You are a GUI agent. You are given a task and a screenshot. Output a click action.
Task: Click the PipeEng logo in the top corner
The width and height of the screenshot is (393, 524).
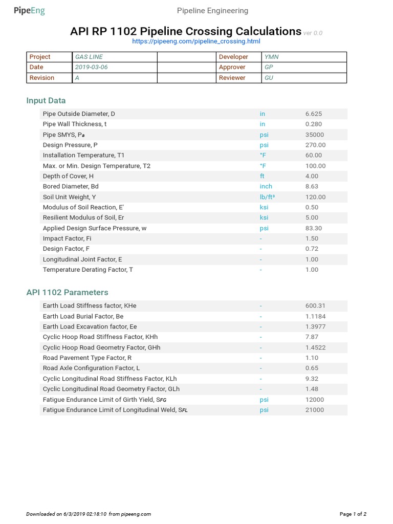point(29,11)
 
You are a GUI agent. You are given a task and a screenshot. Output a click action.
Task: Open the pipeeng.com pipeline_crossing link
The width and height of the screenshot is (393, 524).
point(196,41)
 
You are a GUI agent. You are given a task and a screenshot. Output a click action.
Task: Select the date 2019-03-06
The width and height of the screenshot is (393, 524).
point(92,67)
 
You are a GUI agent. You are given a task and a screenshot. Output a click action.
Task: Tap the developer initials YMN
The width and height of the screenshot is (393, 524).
point(272,57)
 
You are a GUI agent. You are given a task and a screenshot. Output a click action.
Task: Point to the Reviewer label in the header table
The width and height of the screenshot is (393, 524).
point(232,78)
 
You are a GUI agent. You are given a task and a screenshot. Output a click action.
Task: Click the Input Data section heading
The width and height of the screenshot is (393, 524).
point(46,101)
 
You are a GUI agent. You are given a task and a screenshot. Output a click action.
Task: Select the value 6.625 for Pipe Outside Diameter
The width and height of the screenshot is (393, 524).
point(314,114)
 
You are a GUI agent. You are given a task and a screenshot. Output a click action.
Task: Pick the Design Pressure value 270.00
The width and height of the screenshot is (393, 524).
point(315,145)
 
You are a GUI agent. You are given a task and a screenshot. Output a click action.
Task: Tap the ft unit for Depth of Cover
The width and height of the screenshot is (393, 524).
point(262,176)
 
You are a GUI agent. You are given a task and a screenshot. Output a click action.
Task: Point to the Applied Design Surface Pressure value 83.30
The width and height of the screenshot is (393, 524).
point(314,228)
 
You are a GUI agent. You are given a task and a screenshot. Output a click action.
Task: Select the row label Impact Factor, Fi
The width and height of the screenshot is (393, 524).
point(67,238)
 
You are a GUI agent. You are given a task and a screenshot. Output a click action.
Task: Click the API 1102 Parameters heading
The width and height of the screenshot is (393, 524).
point(67,293)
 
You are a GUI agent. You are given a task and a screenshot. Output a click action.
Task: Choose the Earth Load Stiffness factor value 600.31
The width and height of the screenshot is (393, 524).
point(315,305)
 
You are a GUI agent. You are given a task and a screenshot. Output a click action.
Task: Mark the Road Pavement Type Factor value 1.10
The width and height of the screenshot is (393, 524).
point(312,358)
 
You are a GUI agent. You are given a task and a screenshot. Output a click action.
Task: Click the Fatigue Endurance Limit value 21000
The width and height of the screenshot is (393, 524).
point(315,410)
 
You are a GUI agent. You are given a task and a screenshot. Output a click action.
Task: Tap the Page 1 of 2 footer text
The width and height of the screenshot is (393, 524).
point(353,514)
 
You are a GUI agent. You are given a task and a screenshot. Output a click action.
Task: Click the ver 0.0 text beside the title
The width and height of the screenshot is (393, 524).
point(313,33)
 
